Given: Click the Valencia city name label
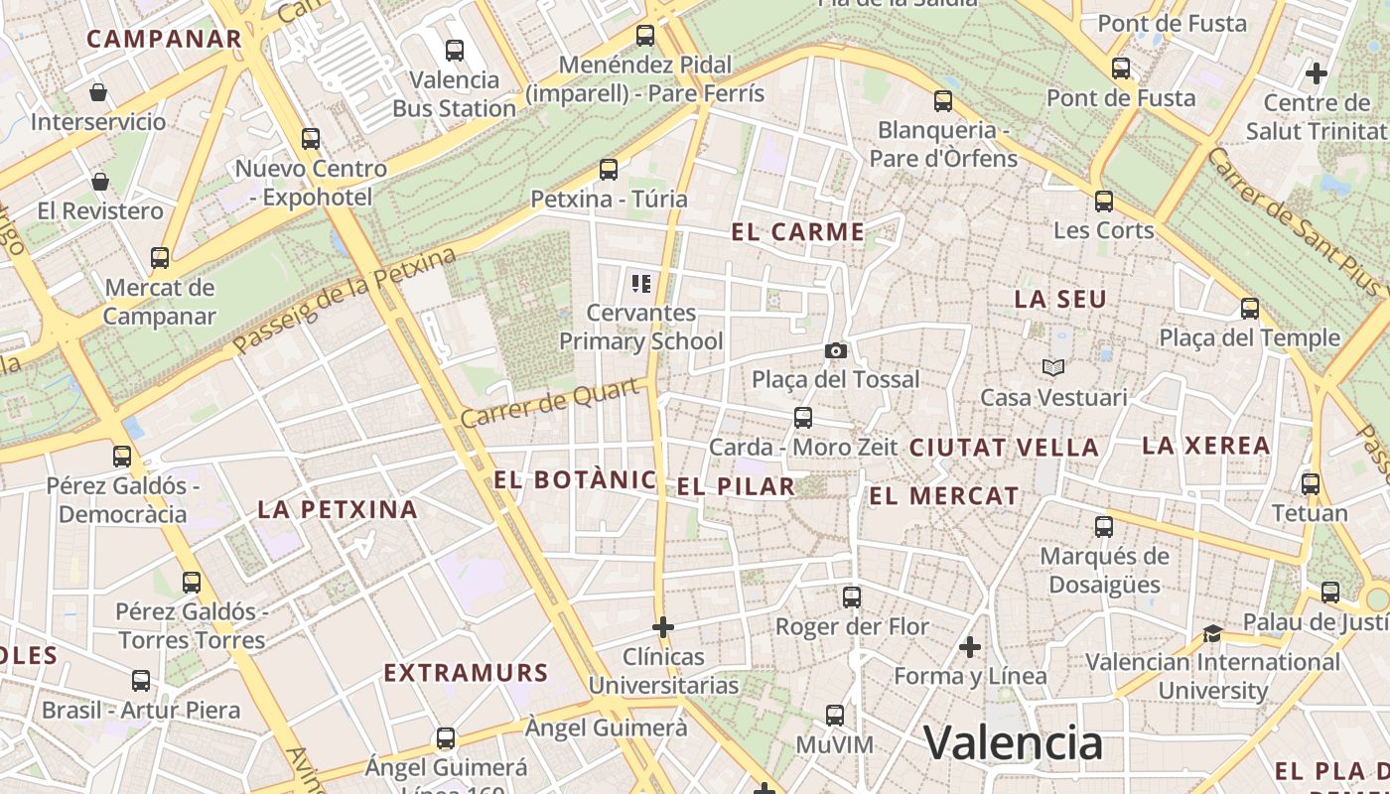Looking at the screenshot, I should (1013, 742).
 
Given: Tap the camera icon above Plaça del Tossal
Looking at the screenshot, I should (836, 350).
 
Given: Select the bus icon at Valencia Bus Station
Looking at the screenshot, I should (455, 50).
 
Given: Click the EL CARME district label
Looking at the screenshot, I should (798, 232).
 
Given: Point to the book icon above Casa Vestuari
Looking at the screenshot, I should (1053, 368).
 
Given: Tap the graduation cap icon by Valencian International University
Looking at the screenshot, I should (1212, 633).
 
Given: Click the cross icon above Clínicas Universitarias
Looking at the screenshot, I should (663, 627).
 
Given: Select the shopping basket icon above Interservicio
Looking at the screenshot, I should (98, 92).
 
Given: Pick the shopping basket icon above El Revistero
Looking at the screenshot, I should (99, 182).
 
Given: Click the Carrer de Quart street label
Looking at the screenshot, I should (549, 404).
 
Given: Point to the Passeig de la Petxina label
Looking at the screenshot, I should (345, 301).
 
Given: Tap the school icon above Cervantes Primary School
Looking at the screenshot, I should (640, 284).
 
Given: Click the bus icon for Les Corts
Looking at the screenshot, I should (1103, 201).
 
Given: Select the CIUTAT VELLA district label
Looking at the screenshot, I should (1004, 448).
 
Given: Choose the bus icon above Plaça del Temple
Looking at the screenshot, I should (1250, 309).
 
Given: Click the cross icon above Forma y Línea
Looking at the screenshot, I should (970, 647).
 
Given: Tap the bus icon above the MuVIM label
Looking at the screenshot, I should (835, 716).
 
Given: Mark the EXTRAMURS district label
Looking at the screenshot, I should (466, 673).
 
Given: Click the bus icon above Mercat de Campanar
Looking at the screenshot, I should (160, 258).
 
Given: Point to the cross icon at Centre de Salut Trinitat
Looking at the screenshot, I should (1317, 73).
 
